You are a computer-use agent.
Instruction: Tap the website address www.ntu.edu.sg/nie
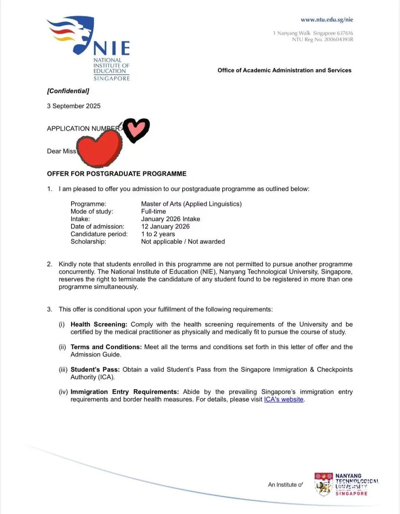(x=327, y=20)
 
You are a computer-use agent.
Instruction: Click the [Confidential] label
(x=68, y=91)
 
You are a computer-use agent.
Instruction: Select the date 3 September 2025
(x=74, y=106)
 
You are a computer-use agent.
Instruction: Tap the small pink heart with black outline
(x=136, y=129)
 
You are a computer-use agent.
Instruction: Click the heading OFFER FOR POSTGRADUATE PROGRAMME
(x=117, y=174)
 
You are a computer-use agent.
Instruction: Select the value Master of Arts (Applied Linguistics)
(x=191, y=204)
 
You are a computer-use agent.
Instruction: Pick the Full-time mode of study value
(x=153, y=211)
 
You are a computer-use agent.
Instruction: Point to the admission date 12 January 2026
(x=165, y=227)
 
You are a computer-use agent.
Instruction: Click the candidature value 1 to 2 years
(x=158, y=234)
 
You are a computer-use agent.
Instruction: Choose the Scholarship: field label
(x=88, y=241)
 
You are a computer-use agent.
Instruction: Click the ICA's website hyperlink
(x=284, y=399)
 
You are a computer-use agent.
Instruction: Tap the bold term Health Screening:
(x=99, y=324)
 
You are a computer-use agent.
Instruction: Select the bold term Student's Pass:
(x=95, y=370)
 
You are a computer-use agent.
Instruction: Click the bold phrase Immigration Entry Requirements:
(x=125, y=392)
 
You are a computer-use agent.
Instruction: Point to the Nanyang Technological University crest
(x=323, y=484)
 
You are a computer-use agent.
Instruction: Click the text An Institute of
(x=285, y=485)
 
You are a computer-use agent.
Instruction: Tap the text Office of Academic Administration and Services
(x=284, y=70)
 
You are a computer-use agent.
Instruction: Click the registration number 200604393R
(x=339, y=39)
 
